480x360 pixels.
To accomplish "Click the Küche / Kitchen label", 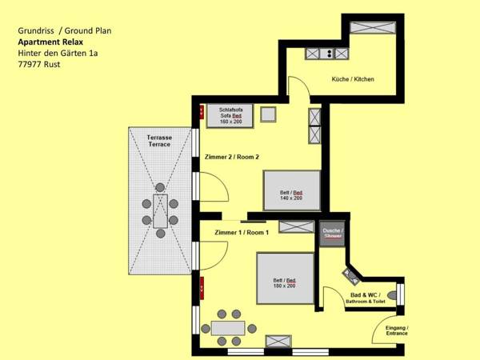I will [353, 79].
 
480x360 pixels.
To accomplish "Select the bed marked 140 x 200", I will [293, 190].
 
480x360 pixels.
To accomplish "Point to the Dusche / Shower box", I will [331, 234].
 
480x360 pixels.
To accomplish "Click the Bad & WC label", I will [365, 298].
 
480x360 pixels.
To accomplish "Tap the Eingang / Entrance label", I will [397, 331].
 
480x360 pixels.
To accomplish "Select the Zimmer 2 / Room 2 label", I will [232, 157].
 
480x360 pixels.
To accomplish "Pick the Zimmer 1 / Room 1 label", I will [242, 232].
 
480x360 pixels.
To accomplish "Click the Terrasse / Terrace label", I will [160, 141].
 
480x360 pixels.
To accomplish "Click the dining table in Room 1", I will [228, 328].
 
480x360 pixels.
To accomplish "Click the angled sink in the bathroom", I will [353, 277].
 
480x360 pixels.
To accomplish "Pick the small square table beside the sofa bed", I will [268, 114].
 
